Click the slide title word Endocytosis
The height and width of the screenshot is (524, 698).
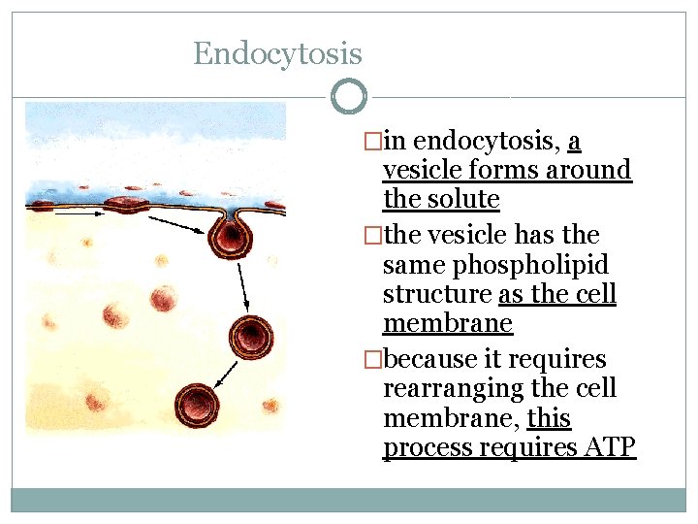pyautogui.click(x=277, y=53)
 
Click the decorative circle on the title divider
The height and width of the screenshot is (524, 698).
pyautogui.click(x=349, y=97)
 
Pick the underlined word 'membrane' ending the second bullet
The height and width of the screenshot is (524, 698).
pyautogui.click(x=448, y=324)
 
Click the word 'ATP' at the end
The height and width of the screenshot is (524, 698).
pyautogui.click(x=608, y=448)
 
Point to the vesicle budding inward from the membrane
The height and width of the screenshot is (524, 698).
pyautogui.click(x=232, y=232)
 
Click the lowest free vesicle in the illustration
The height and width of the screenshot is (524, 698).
pyautogui.click(x=197, y=403)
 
